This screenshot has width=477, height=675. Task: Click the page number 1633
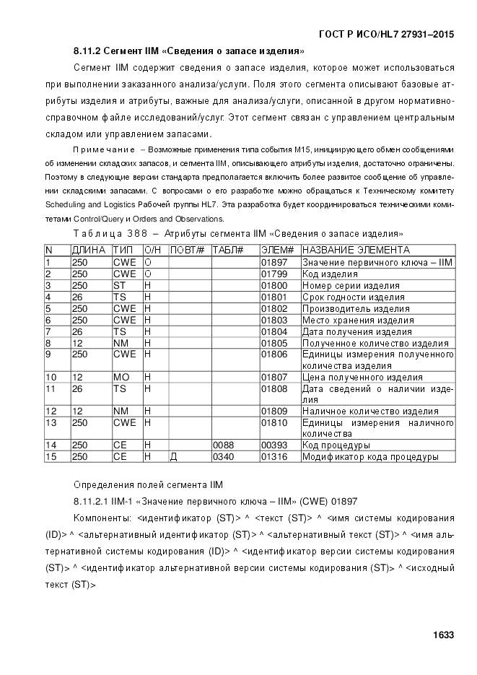pos(443,635)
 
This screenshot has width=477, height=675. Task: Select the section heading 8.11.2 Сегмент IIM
pos(188,51)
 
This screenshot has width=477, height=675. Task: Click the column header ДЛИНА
pos(89,250)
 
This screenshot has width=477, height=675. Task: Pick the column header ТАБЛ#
pos(227,250)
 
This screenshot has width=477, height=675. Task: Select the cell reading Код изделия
pos(330,274)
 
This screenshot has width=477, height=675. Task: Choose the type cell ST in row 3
pos(119,286)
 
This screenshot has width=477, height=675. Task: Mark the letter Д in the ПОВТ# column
pos(173,457)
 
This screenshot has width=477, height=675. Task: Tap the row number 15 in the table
pos(51,457)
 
